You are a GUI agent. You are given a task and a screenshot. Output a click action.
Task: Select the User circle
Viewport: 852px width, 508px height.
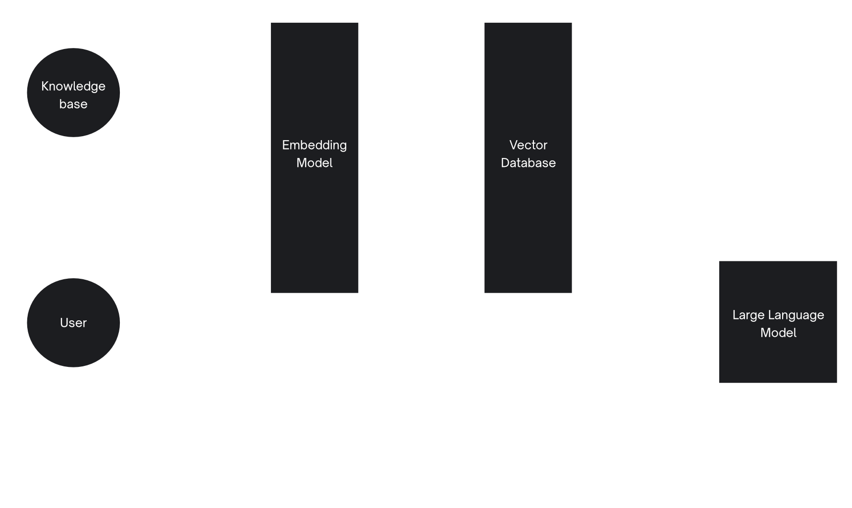pyautogui.click(x=73, y=322)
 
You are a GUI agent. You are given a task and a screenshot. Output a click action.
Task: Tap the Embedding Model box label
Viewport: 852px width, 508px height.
pyautogui.click(x=314, y=154)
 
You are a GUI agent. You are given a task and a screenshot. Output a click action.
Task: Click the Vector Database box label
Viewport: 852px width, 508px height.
pyautogui.click(x=528, y=154)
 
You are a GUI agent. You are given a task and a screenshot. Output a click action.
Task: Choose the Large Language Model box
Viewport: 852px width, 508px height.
pyautogui.click(x=778, y=322)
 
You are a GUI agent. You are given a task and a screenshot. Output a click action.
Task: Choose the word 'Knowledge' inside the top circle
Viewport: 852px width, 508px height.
pyautogui.click(x=73, y=86)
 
